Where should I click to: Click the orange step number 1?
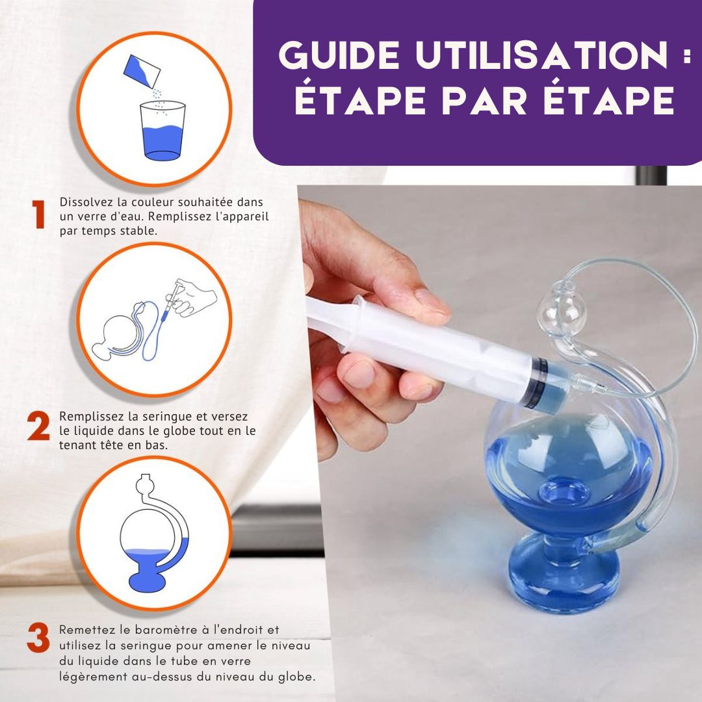[x=39, y=214]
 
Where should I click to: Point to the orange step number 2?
[x=38, y=426]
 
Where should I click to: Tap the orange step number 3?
[x=38, y=638]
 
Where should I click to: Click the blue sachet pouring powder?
[x=142, y=71]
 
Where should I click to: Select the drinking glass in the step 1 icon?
[x=162, y=130]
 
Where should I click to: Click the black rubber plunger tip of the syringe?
[x=539, y=383]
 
